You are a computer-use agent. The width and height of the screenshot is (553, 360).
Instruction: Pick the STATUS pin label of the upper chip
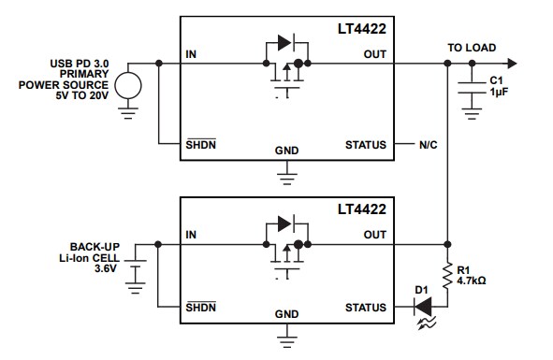(x=365, y=145)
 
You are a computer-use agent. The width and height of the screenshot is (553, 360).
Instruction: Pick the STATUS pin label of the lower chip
(x=365, y=308)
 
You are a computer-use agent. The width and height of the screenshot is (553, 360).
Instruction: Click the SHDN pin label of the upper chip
(x=201, y=144)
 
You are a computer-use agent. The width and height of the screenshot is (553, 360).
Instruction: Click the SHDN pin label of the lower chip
(x=201, y=307)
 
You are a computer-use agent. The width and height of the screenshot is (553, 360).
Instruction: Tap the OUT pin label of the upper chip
(x=374, y=55)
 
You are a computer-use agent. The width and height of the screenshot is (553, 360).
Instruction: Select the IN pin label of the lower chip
(x=192, y=235)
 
